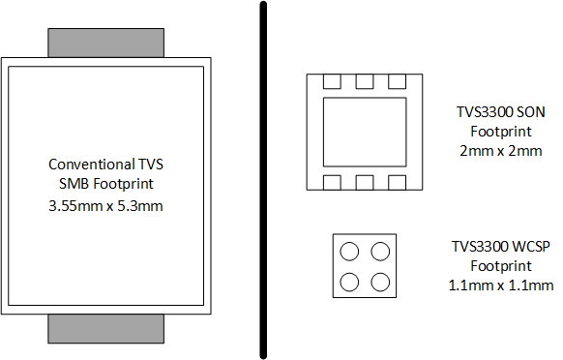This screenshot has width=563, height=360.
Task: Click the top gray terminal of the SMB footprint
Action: point(106,44)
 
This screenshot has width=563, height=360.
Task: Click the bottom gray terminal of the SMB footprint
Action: point(106,330)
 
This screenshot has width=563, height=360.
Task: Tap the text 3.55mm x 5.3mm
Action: point(106,205)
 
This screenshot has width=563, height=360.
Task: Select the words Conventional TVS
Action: point(106,165)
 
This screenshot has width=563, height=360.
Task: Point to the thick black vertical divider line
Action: point(262,180)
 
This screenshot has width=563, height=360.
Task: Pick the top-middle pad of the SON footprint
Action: point(364,81)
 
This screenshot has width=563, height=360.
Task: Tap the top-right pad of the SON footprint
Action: point(396,81)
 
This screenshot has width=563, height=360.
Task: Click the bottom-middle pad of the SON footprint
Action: point(364,181)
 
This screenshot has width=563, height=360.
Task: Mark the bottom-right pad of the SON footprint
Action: point(396,181)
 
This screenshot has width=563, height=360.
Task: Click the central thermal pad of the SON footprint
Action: point(364,132)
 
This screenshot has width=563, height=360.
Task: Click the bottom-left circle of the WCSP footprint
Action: point(349,283)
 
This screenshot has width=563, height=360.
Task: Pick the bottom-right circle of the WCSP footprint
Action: point(380,283)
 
